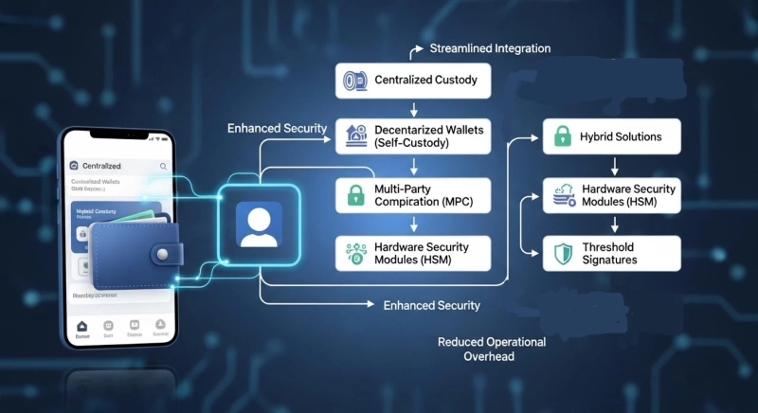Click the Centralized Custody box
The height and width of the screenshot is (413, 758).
pos(414,81)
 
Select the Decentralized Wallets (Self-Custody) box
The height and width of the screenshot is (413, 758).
pos(414,136)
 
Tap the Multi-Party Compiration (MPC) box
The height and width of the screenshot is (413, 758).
pos(414,196)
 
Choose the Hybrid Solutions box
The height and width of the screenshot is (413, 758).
pos(612,137)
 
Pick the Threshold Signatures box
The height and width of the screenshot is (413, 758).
pos(612,253)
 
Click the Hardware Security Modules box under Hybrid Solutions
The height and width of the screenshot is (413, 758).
pos(612,196)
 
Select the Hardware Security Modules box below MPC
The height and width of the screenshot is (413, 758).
pos(414,253)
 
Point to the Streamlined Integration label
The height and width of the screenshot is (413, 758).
pos(490,48)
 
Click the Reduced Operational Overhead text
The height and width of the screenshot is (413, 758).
pos(491,349)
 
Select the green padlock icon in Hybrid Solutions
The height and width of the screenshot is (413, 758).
pos(560,137)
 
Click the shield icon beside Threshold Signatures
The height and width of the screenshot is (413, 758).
pos(560,253)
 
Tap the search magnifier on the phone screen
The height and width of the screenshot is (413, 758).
pos(163,166)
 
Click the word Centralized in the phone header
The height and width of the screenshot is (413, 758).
pos(101,166)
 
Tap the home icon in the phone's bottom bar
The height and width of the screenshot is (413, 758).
pos(82,327)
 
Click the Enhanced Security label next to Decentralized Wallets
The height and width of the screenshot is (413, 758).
pos(278,128)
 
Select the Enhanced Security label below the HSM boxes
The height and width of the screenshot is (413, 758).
pos(431,305)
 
